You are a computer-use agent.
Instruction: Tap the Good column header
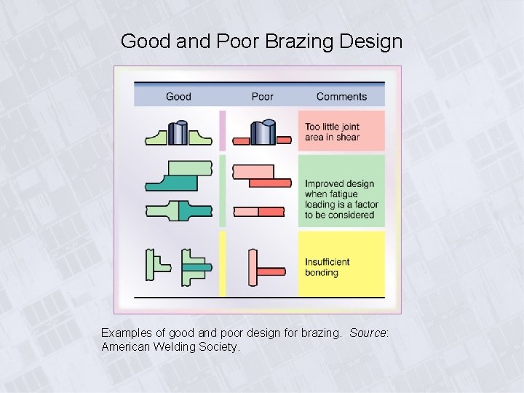pyautogui.click(x=178, y=96)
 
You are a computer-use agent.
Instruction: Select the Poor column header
pyautogui.click(x=262, y=96)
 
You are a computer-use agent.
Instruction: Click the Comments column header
pyautogui.click(x=341, y=96)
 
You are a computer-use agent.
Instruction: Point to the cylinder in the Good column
pyautogui.click(x=178, y=132)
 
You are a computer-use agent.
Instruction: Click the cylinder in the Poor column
pyautogui.click(x=263, y=132)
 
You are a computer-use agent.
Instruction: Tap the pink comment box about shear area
pyautogui.click(x=341, y=131)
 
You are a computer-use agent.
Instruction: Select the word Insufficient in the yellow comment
pyautogui.click(x=327, y=262)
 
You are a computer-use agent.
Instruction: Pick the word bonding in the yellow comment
pyautogui.click(x=322, y=273)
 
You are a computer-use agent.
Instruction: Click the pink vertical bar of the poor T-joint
pyautogui.click(x=252, y=268)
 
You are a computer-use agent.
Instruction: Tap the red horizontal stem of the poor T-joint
pyautogui.click(x=271, y=271)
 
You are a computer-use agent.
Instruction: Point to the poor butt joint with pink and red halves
pyautogui.click(x=258, y=211)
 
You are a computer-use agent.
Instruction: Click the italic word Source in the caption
pyautogui.click(x=368, y=333)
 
